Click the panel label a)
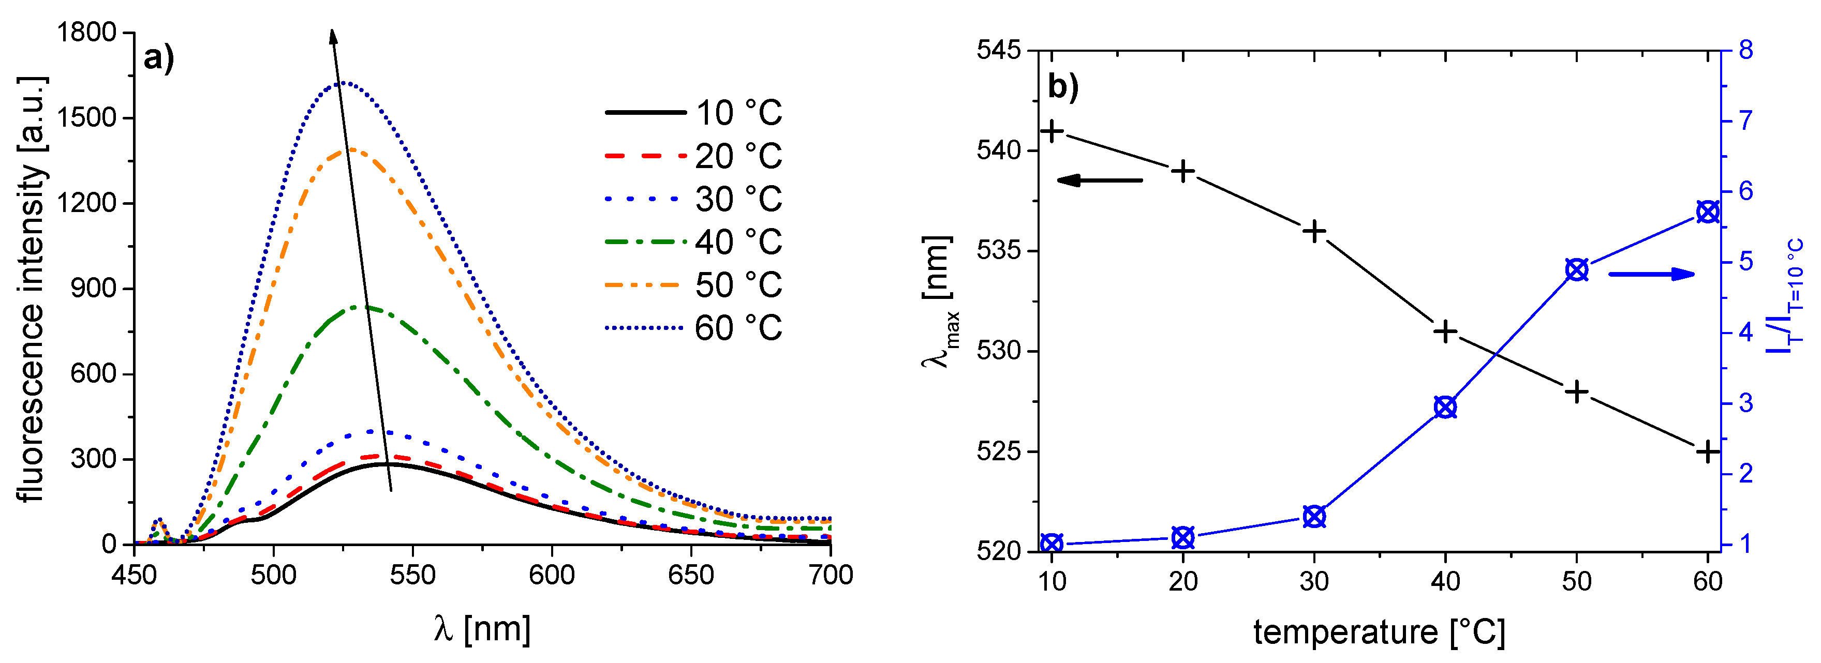tap(158, 58)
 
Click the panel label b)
tap(1062, 87)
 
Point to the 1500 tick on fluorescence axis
tap(85, 117)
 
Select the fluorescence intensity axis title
tap(32, 289)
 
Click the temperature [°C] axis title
tap(1379, 632)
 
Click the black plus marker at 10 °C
tap(1052, 131)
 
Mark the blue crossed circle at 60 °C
tap(1708, 212)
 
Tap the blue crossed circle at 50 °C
tap(1576, 269)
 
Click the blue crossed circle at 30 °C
tap(1314, 517)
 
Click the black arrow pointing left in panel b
tap(1099, 181)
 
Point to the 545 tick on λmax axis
tap(999, 51)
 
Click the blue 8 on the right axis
tap(1745, 51)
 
